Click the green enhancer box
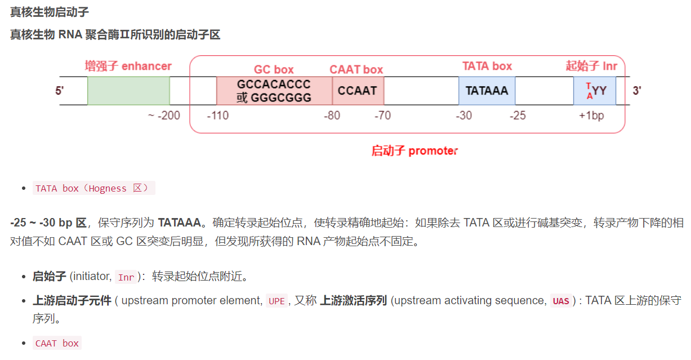tap(128, 91)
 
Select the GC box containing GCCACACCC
tap(274, 91)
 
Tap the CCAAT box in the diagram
tap(358, 91)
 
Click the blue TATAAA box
tap(487, 91)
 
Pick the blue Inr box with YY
tap(595, 91)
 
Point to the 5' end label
tap(60, 91)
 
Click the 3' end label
tap(637, 91)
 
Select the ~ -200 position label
tap(164, 116)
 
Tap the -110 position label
tap(218, 116)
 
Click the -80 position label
tap(332, 116)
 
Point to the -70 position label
tap(383, 116)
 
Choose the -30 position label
tap(464, 116)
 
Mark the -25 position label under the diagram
tap(518, 116)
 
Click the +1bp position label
tap(591, 116)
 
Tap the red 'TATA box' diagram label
tap(487, 66)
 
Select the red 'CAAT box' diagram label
tap(356, 70)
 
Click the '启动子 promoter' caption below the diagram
tap(414, 150)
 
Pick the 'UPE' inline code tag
tap(277, 301)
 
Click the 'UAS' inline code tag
tap(560, 301)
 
